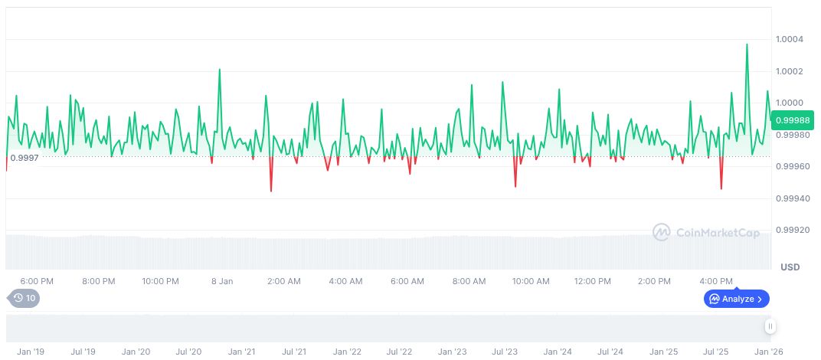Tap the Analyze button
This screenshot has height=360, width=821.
click(736, 299)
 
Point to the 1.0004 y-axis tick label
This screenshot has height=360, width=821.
click(789, 39)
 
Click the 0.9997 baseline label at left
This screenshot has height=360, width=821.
click(24, 158)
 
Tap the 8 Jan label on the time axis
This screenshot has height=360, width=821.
click(222, 281)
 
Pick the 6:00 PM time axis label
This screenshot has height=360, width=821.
click(37, 281)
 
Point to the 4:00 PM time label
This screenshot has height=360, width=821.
click(716, 281)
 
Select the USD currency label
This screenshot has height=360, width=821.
click(790, 267)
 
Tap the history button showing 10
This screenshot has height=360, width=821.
click(24, 299)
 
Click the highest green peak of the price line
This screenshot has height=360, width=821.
click(747, 44)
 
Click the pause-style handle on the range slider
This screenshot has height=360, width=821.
click(770, 326)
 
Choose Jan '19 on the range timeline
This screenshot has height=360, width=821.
click(31, 352)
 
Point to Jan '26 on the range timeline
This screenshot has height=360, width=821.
click(769, 352)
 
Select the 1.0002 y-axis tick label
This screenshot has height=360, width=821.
click(789, 71)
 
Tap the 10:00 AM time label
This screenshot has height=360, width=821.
click(530, 281)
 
